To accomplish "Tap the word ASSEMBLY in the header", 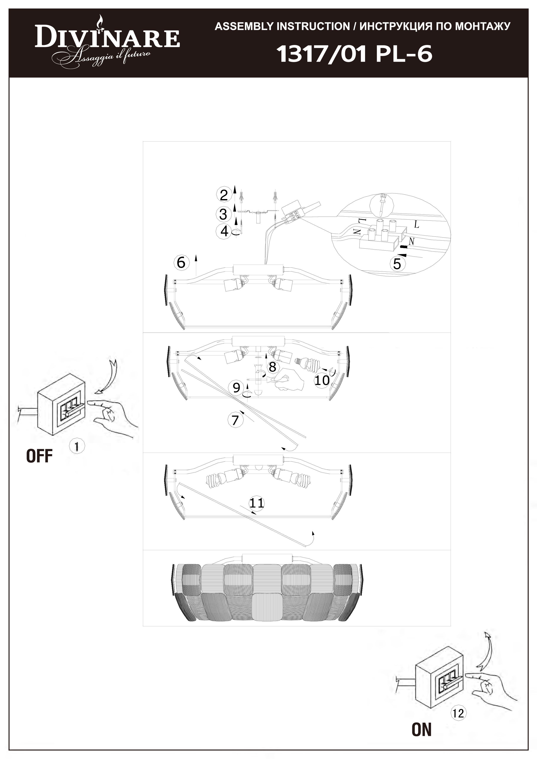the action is pyautogui.click(x=244, y=26).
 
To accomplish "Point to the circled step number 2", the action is pyautogui.click(x=224, y=195).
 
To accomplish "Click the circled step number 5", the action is pyautogui.click(x=397, y=264).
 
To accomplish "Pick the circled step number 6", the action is pyautogui.click(x=181, y=262).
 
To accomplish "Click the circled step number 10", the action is pyautogui.click(x=322, y=380).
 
